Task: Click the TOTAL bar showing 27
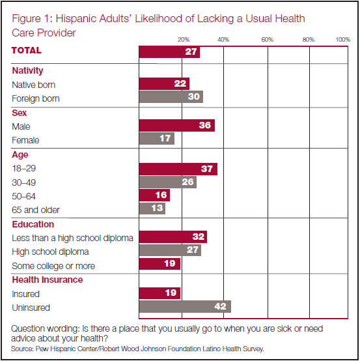169,52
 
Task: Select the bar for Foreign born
171,96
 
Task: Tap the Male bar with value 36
177,126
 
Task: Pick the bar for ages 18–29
178,169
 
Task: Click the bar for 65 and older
152,209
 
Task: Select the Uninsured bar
185,306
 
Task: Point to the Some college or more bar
159,264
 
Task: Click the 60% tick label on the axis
268,40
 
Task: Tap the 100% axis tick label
342,40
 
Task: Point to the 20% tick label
184,40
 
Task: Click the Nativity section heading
27,70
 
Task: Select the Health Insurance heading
48,280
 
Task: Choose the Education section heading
33,224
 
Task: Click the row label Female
25,140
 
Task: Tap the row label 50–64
23,196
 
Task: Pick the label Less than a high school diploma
72,238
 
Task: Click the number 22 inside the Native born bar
180,83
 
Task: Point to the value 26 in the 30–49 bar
187,182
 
